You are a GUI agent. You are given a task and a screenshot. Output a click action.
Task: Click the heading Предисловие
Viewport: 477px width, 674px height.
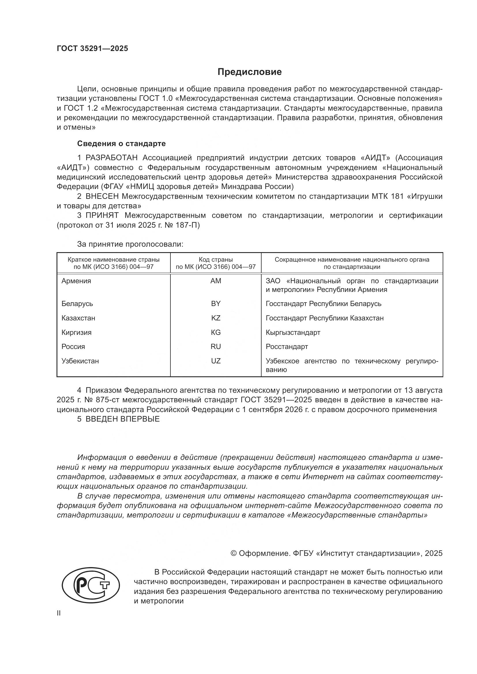[249, 72]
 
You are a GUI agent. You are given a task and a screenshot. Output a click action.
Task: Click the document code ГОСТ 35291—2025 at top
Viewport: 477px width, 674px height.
[92, 49]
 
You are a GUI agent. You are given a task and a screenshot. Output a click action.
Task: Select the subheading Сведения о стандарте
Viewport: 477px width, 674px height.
[121, 144]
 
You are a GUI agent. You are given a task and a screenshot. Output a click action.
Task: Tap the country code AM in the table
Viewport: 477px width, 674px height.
[216, 281]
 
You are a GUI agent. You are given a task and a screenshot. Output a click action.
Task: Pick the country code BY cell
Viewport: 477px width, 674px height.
[216, 303]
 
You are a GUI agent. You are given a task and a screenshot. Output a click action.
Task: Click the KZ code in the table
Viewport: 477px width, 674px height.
[216, 318]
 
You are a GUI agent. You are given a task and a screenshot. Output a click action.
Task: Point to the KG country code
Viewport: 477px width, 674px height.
[216, 332]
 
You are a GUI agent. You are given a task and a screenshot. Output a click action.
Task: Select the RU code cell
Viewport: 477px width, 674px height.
[216, 346]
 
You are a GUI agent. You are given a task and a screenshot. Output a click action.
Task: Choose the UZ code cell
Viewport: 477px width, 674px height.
[216, 361]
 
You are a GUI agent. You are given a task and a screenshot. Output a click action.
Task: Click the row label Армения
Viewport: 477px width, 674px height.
[76, 281]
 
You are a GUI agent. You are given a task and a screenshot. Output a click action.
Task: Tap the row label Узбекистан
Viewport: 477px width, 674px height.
[80, 361]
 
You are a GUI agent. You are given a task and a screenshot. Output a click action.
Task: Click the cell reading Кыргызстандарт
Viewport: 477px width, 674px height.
[293, 332]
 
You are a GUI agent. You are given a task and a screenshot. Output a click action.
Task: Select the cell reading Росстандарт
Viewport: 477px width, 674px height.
[287, 346]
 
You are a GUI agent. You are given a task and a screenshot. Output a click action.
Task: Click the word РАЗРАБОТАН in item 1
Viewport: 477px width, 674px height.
[111, 158]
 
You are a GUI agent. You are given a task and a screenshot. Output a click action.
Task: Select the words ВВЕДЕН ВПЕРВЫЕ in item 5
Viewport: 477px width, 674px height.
[123, 419]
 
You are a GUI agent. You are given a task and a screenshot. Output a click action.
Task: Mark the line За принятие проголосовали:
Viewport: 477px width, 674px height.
[130, 244]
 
